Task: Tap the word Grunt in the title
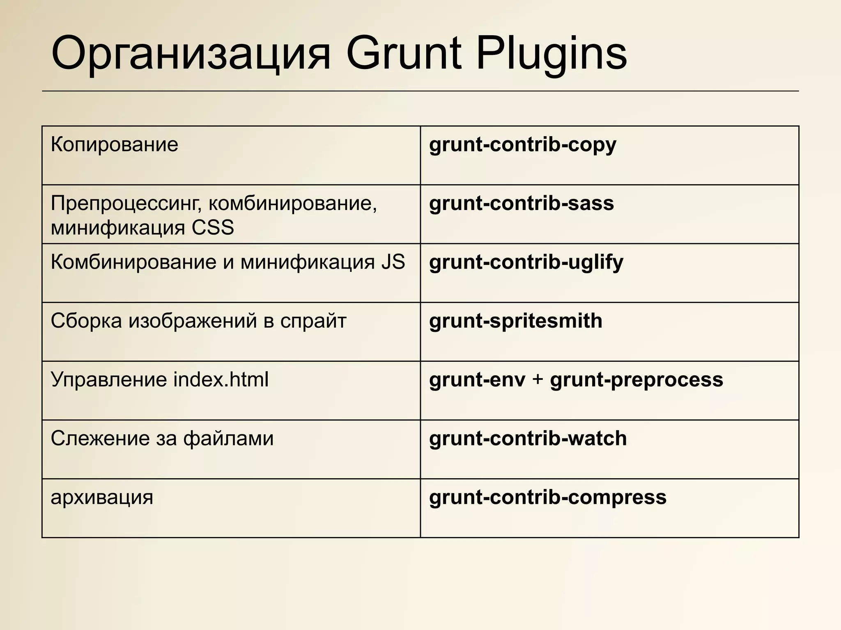coord(404,54)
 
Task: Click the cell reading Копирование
coord(115,145)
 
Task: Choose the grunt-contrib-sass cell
coord(521,203)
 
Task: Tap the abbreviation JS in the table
coord(393,262)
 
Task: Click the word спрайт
coord(313,321)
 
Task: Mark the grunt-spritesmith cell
coord(515,321)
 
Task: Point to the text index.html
coord(221,380)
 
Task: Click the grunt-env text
coord(477,380)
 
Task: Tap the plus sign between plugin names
coord(538,380)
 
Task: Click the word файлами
coord(228,439)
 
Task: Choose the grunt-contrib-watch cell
coord(528,439)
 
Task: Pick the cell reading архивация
coord(102,498)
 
